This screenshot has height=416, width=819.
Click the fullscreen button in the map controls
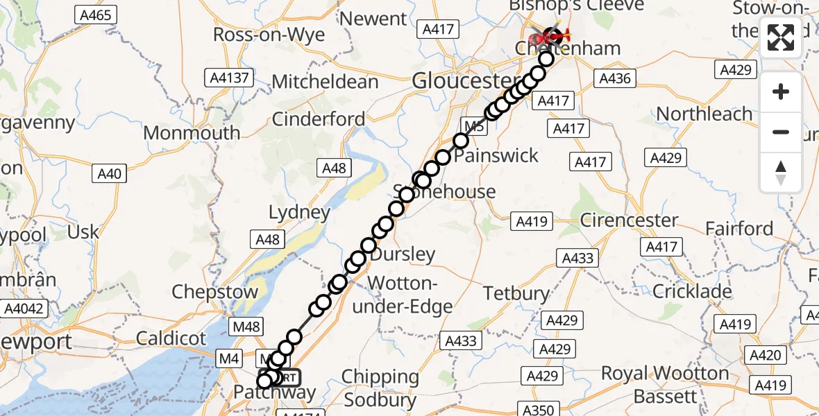pyautogui.click(x=781, y=37)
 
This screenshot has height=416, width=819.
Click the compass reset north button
pyautogui.click(x=781, y=173)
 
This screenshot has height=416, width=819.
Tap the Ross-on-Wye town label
pyautogui.click(x=269, y=35)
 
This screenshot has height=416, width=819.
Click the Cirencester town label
pyautogui.click(x=628, y=220)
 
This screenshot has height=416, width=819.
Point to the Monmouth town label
pyautogui.click(x=193, y=132)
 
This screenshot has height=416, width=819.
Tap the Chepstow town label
pyautogui.click(x=215, y=292)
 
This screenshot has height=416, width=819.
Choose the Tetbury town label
pyautogui.click(x=516, y=293)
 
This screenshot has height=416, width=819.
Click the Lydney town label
pyautogui.click(x=299, y=212)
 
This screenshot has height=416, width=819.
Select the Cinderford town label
pyautogui.click(x=319, y=119)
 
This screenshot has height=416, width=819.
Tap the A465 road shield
pyautogui.click(x=96, y=15)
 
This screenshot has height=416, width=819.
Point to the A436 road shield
pyautogui.click(x=615, y=78)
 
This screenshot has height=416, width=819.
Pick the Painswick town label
pyautogui.click(x=496, y=155)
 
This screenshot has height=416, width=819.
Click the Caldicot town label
pyautogui.click(x=171, y=338)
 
